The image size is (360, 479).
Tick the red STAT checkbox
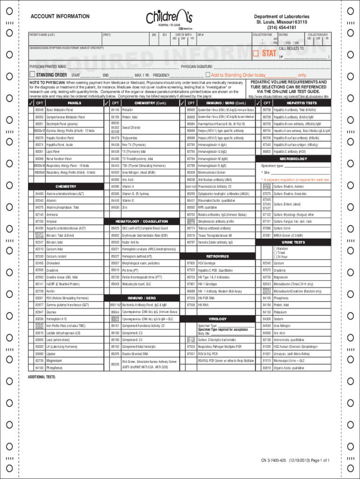click(x=255, y=53)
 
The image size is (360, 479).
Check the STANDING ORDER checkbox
click(x=32, y=75)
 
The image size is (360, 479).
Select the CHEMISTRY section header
click(x=66, y=186)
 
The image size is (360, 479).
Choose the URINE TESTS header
click(x=293, y=242)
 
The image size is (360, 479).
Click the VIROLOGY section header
click(x=217, y=318)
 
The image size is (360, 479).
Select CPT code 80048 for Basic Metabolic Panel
click(x=39, y=109)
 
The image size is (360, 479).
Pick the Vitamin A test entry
click(x=128, y=186)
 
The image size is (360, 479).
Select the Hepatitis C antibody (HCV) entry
click(x=289, y=152)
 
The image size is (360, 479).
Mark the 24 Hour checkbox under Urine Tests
click(x=275, y=257)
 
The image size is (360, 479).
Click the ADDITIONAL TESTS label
click(x=42, y=377)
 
